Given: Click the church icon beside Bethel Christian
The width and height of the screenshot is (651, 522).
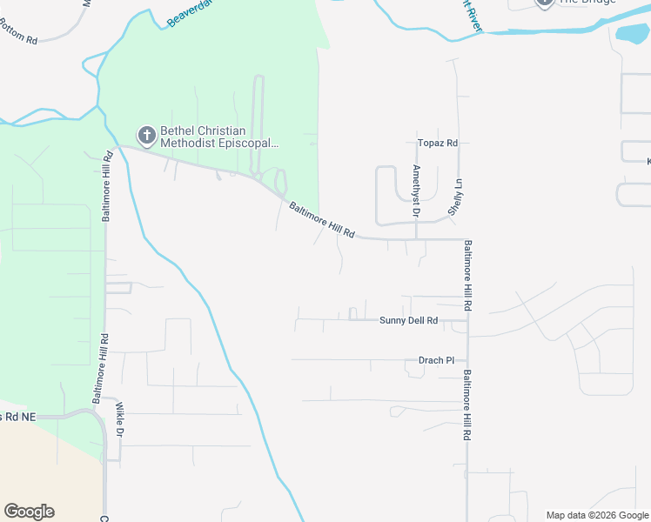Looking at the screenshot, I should coord(146,135).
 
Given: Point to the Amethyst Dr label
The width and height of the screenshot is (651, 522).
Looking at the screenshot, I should coord(416,190).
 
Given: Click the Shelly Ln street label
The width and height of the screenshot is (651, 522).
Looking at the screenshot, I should coord(453,197).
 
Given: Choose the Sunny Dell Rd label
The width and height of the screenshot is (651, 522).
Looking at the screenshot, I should coord(408,320).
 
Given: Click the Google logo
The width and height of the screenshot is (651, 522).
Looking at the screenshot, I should coord(29,512).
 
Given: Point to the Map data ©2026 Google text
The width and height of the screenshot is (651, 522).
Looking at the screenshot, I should coord(597,515).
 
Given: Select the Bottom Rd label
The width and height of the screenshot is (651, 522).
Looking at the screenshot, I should coord(19,40).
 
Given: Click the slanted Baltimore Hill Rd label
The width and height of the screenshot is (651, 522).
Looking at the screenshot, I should coord(322,220).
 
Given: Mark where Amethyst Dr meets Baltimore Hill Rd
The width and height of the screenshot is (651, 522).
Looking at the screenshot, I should coord(416,238).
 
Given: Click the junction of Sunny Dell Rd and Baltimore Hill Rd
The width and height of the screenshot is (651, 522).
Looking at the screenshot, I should coord(468,320).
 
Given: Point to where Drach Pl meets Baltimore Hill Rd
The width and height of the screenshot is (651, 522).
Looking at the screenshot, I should coord(468,360).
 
